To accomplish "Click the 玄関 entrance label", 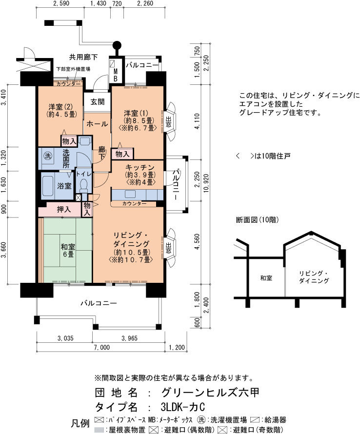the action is (98, 102).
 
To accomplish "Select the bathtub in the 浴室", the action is (48, 186).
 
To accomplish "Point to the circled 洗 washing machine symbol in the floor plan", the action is (48, 156).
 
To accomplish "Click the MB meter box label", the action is (116, 75).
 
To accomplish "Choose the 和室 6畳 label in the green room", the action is (68, 250).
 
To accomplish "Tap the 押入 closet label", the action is (64, 210).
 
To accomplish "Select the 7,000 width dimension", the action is (101, 347).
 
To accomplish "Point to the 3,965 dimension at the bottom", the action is (129, 338).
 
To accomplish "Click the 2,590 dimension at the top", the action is (60, 3).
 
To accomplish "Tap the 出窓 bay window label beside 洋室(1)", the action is (168, 122).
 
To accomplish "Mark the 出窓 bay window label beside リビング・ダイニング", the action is (168, 248).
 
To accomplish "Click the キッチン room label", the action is (140, 167).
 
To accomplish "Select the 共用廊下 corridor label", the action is (83, 57).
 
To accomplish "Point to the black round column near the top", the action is (117, 44).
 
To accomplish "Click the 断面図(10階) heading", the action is (257, 220).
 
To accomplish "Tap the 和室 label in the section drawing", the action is (266, 278).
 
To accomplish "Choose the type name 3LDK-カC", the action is (183, 407).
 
